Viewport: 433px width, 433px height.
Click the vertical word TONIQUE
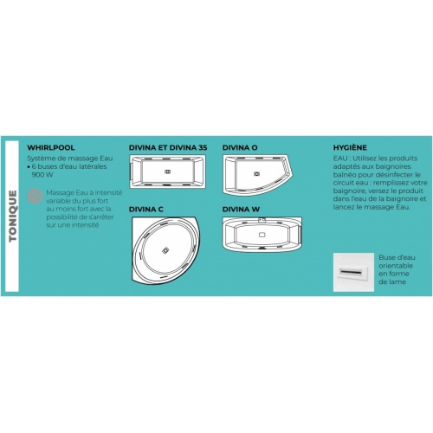coord(12,216)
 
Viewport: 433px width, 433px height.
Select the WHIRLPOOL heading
coord(51,147)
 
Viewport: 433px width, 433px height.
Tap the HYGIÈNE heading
coord(350,147)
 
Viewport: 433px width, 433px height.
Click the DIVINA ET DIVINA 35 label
coord(168,147)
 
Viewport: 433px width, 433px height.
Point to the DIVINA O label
coord(240,147)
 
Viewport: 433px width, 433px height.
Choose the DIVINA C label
coord(146,210)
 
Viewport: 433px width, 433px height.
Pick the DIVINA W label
coord(241,210)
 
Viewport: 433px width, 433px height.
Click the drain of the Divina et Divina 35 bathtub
coord(167,171)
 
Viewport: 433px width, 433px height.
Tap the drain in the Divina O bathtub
coord(256,174)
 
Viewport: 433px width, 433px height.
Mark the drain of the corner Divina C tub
coord(165,250)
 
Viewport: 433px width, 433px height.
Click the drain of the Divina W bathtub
coord(262,235)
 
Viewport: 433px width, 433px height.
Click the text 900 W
coord(42,175)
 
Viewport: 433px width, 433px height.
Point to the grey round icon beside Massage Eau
coord(35,197)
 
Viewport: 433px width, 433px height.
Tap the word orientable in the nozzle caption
coord(396,266)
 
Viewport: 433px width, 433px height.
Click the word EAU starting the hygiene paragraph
coord(339,158)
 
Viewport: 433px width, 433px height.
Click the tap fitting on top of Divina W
coord(262,220)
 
